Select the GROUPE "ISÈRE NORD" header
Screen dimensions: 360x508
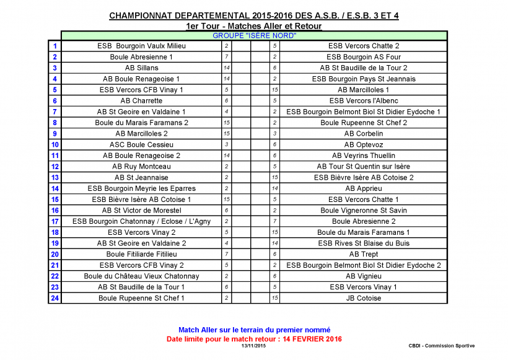[254, 36]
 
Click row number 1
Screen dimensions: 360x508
[55, 46]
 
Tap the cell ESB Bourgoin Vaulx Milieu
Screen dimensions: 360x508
[141, 46]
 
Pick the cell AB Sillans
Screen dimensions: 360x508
[141, 68]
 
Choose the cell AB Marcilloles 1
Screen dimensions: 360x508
[363, 90]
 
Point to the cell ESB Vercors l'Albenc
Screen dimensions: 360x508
[363, 101]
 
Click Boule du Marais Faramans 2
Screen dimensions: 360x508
[141, 123]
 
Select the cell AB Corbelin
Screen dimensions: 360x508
[363, 134]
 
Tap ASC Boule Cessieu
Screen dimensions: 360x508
[141, 145]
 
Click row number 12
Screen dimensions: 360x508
[55, 167]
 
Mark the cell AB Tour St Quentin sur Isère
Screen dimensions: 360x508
[363, 167]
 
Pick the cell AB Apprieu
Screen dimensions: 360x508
[363, 188]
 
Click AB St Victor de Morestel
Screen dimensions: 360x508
[141, 211]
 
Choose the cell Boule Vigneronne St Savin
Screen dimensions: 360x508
[363, 211]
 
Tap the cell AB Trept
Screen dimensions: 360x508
[363, 254]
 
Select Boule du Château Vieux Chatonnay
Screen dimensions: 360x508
[141, 276]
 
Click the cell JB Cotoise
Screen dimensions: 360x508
[363, 298]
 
